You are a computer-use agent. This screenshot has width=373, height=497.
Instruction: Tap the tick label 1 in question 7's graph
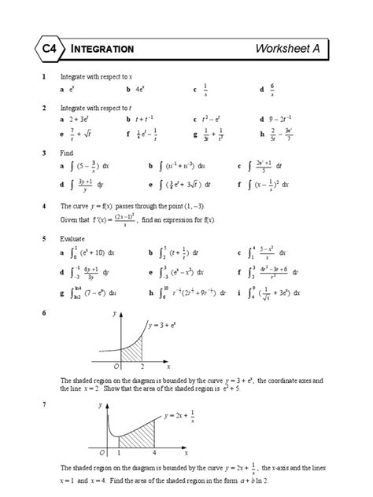pyautogui.click(x=119, y=455)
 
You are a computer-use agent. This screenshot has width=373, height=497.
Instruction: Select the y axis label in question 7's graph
pyautogui.click(x=100, y=405)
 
